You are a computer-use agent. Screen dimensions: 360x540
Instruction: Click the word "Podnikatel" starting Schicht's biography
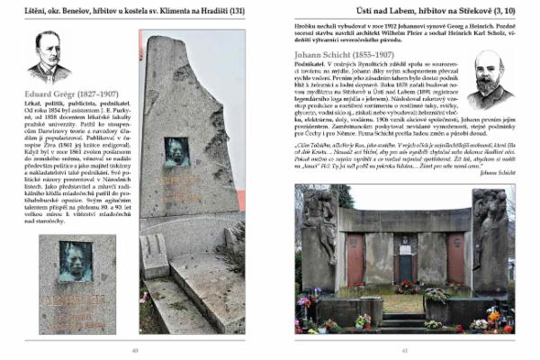(x=310, y=66)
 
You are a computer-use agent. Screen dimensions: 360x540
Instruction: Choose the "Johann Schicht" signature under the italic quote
(x=497, y=174)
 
